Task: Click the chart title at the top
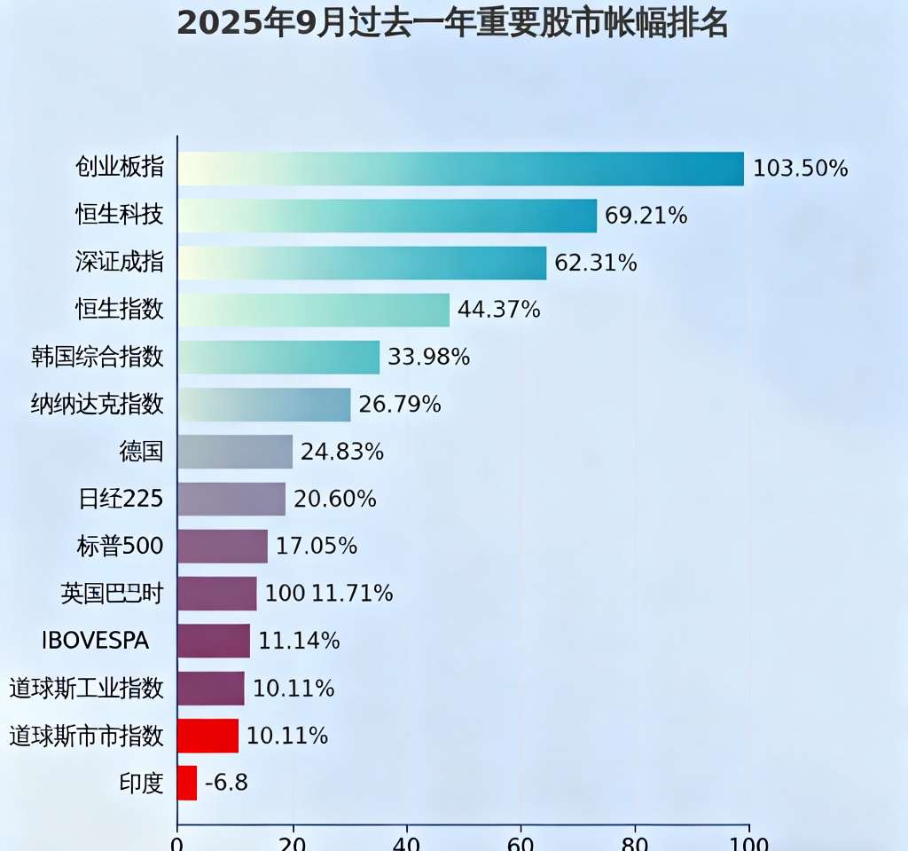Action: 452,24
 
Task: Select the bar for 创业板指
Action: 460,169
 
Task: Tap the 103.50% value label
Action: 801,169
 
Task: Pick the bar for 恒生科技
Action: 387,216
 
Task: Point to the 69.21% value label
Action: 646,216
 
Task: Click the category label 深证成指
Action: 120,263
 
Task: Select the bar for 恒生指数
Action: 313,310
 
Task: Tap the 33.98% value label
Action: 429,357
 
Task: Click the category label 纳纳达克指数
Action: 98,404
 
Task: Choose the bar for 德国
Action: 235,451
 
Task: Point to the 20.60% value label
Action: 335,499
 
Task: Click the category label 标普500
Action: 121,546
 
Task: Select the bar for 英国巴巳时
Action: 217,593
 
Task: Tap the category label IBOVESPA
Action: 96,640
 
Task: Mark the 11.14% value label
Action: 299,640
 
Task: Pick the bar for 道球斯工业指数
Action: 211,688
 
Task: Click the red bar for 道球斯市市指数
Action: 207,735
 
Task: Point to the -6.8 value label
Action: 226,782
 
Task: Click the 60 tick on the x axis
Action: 521,842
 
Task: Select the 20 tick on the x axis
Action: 292,842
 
